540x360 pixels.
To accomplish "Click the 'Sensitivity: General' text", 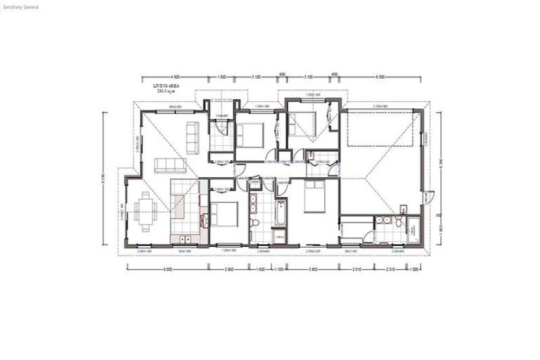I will click(x=20, y=6).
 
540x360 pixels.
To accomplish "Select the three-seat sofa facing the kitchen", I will click(x=169, y=166).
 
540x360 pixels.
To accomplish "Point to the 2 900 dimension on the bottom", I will click(x=229, y=269).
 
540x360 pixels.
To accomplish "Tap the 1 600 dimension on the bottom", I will click(x=261, y=269).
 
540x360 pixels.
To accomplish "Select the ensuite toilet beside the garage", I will click(x=398, y=224).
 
